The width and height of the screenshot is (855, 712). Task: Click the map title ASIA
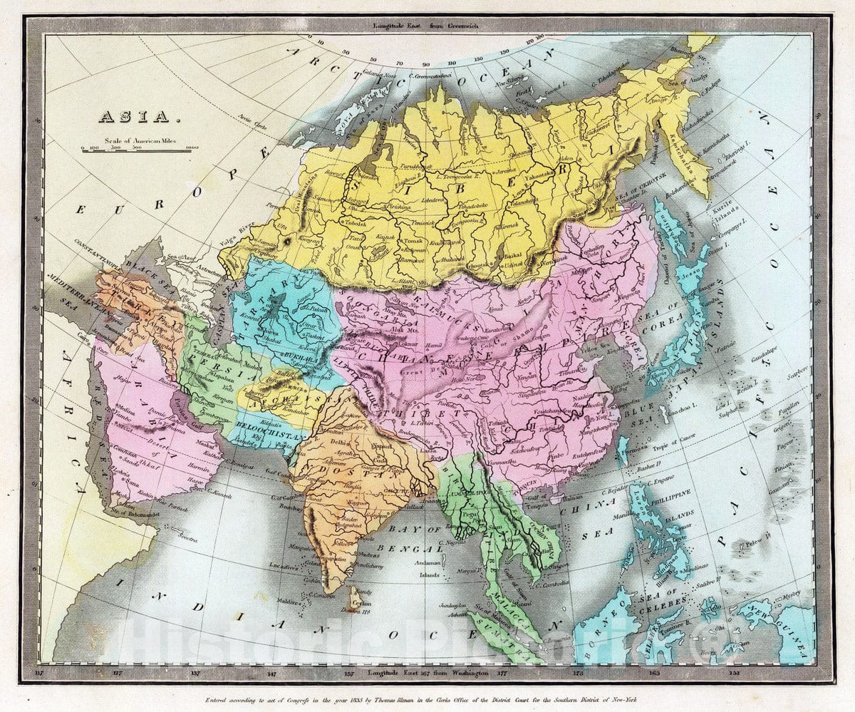pos(134,116)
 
